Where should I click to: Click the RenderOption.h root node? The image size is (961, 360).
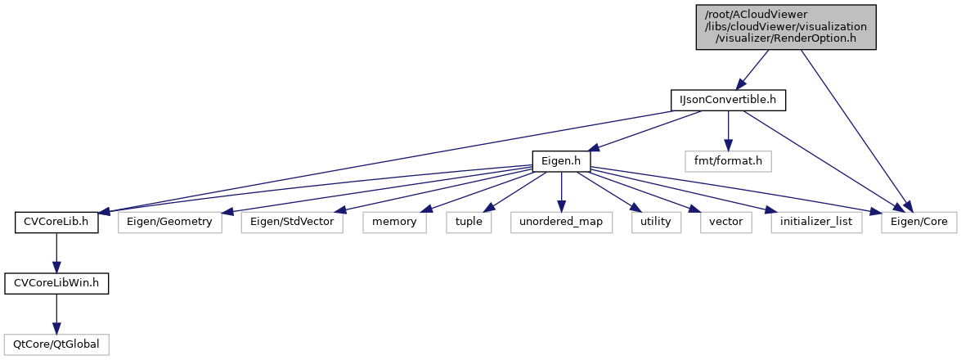coord(786,27)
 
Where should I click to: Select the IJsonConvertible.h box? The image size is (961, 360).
coord(728,100)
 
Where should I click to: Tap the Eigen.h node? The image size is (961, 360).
coord(560,161)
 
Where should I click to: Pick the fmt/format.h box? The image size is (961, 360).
coord(728,161)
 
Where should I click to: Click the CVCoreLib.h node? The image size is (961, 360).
coord(56,222)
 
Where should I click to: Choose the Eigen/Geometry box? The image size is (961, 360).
coord(170,222)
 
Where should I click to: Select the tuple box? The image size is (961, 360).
coord(469,222)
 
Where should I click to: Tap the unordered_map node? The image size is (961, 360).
coord(560,222)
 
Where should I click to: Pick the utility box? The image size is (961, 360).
coord(656,222)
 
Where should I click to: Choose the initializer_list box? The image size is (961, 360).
coord(816,222)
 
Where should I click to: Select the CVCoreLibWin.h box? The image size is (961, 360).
coord(56,283)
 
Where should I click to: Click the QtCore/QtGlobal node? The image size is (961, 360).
coord(56,344)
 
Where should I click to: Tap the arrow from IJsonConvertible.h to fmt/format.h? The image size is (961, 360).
coord(728,130)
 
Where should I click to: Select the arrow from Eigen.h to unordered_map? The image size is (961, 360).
coord(560,191)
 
